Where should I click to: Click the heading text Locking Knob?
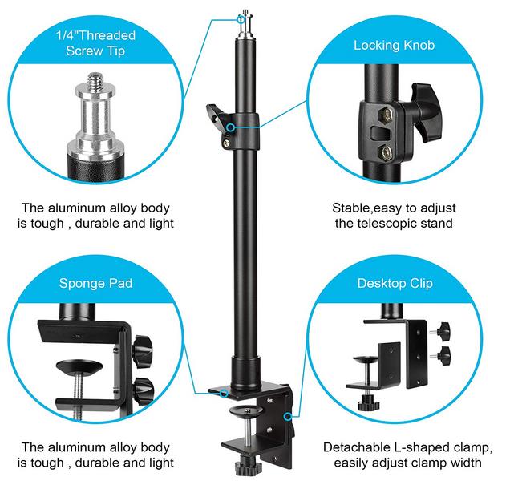(x=394, y=45)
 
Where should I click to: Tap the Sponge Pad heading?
(x=95, y=284)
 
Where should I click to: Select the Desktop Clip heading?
(x=395, y=284)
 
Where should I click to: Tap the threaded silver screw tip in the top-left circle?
(x=95, y=82)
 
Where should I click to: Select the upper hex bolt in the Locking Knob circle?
(x=386, y=115)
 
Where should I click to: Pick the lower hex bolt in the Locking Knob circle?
(x=386, y=152)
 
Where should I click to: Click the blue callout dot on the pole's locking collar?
(x=230, y=127)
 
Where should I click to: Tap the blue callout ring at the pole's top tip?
(x=241, y=19)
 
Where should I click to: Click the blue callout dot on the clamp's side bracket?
(x=288, y=417)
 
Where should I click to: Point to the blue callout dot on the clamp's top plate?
(x=224, y=393)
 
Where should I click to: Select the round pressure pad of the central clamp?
(x=245, y=411)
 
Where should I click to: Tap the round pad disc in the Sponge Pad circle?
(x=79, y=367)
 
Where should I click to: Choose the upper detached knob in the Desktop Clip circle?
(x=443, y=331)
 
